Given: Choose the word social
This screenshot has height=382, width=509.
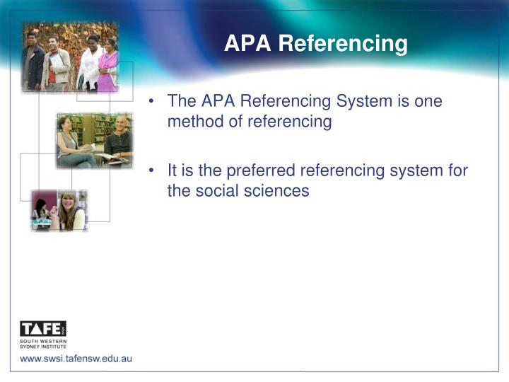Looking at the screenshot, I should pyautogui.click(x=220, y=191).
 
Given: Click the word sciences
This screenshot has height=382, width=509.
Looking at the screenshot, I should pyautogui.click(x=279, y=191).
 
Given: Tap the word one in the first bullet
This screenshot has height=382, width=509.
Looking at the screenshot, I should pyautogui.click(x=428, y=101).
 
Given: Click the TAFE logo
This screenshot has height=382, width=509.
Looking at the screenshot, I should pyautogui.click(x=43, y=329).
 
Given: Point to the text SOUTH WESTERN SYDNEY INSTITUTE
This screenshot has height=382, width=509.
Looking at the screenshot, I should pyautogui.click(x=43, y=345).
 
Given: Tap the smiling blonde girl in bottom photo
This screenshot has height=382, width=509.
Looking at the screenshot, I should pyautogui.click(x=71, y=212).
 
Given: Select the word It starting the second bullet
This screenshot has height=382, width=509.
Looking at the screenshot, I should pyautogui.click(x=173, y=171).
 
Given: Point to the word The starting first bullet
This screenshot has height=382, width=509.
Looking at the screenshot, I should pyautogui.click(x=181, y=101).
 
